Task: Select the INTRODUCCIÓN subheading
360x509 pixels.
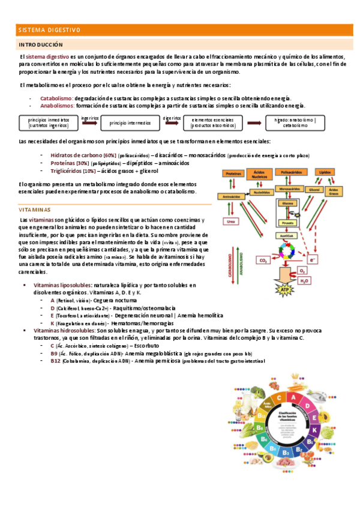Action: tap(41, 45)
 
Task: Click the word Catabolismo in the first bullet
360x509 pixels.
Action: tap(56, 98)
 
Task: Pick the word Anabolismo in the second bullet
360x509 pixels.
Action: tap(58, 105)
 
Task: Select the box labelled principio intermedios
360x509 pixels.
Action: tap(130, 122)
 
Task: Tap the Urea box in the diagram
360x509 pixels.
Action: tap(229, 221)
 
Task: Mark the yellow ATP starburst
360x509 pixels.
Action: tap(286, 291)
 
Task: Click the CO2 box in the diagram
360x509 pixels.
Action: tap(263, 260)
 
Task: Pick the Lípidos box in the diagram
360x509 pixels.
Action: tap(325, 172)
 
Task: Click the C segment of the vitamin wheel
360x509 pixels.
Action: tap(277, 399)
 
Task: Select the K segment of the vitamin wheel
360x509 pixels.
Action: tap(314, 430)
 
